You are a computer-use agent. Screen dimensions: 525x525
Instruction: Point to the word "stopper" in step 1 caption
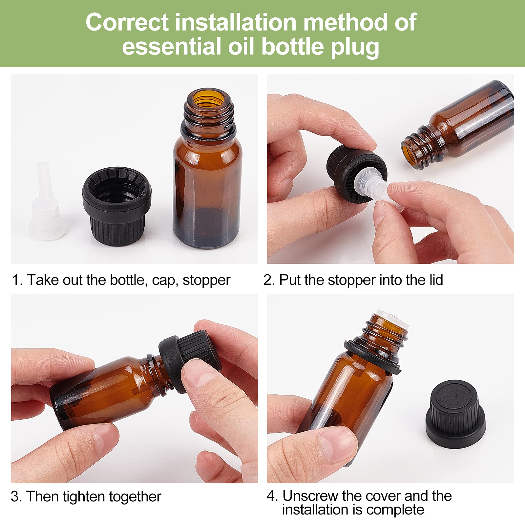206,280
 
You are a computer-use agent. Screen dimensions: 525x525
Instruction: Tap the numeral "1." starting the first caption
17,280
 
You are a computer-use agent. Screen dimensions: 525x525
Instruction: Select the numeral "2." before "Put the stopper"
268,280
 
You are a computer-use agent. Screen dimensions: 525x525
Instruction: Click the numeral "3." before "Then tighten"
16,496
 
